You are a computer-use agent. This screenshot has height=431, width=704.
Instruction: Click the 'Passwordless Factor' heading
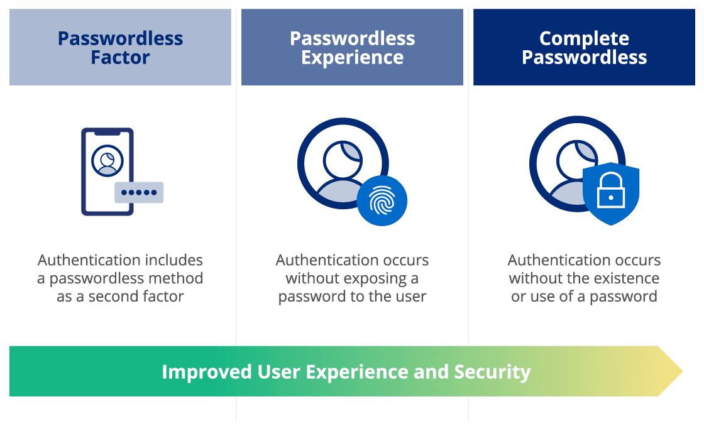tap(120, 48)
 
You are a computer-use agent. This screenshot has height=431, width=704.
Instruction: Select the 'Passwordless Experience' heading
tap(353, 48)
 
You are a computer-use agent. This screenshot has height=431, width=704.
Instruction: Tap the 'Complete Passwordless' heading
tap(584, 48)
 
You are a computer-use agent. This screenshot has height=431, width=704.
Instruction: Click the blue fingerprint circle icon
tap(382, 200)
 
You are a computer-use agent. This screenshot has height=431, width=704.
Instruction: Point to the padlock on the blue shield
tap(610, 190)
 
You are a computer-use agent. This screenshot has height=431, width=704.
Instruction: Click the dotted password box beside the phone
tap(139, 193)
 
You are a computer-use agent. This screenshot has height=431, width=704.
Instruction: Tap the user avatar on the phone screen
tap(107, 161)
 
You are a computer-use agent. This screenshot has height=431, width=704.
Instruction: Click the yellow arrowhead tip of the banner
tap(683, 371)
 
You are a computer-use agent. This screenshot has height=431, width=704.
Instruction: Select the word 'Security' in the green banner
tap(493, 372)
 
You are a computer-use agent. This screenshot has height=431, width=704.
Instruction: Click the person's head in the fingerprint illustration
tap(343, 160)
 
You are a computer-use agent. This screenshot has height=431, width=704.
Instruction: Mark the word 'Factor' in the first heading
tap(120, 57)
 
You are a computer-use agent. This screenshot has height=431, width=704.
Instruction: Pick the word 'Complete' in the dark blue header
tap(584, 38)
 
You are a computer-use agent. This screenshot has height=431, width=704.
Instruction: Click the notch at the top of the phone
tap(107, 133)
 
